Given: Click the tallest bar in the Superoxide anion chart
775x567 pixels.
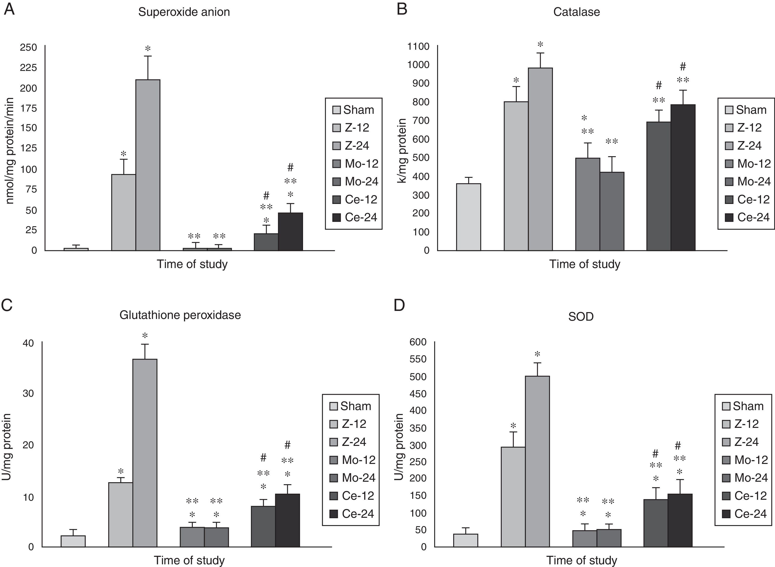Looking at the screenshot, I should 148,165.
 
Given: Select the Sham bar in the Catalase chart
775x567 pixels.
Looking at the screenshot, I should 468,217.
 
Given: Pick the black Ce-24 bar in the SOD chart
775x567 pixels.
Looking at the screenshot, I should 680,520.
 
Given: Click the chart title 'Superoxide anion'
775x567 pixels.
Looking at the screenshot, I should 184,12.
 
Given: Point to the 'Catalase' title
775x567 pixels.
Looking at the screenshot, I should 577,12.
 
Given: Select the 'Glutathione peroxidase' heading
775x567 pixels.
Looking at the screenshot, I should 180,315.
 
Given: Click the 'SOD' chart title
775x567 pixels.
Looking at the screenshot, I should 581,317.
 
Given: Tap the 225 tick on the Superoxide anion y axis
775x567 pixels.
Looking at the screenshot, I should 29,67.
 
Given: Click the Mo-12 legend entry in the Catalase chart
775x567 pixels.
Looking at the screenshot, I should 748,164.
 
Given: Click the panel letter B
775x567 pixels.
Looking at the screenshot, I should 402,10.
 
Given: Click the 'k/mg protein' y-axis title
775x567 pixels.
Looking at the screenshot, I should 402,151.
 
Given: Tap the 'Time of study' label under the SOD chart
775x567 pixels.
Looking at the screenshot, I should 582,560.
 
